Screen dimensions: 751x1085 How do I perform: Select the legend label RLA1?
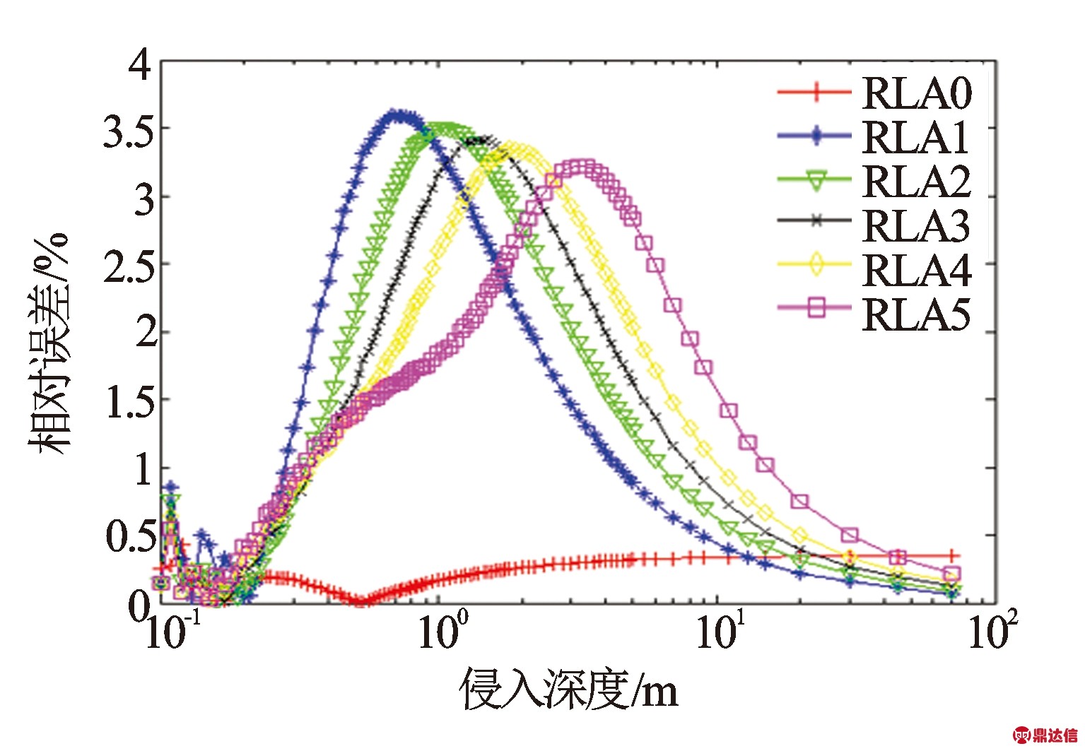click(x=915, y=137)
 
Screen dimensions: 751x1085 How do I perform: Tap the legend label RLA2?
click(x=917, y=182)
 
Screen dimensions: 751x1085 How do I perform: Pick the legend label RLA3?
click(x=917, y=226)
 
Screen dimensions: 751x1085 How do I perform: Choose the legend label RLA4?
click(x=917, y=271)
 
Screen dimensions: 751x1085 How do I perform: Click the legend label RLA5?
click(x=917, y=315)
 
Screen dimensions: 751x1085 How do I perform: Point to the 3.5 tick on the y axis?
click(x=128, y=131)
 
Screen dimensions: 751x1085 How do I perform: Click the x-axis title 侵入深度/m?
click(x=570, y=689)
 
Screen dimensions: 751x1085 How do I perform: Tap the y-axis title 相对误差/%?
click(x=49, y=343)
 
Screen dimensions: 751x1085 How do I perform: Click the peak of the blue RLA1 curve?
click(x=398, y=114)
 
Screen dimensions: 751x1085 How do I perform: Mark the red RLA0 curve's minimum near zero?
click(x=360, y=601)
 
